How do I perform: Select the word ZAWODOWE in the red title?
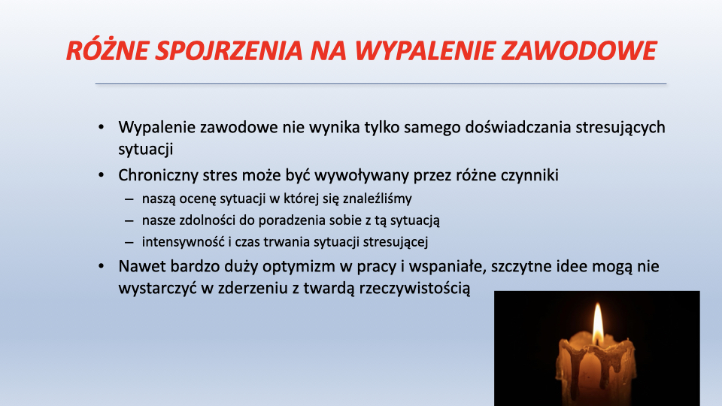pos(579,50)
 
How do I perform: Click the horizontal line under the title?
pos(381,83)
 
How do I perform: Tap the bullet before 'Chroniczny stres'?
pos(102,175)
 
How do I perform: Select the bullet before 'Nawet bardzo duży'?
pos(102,266)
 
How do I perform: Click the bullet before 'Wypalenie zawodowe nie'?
pos(102,127)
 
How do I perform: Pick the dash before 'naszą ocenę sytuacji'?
pos(129,199)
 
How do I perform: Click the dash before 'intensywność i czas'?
pos(129,242)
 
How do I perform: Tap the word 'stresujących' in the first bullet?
pos(620,128)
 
